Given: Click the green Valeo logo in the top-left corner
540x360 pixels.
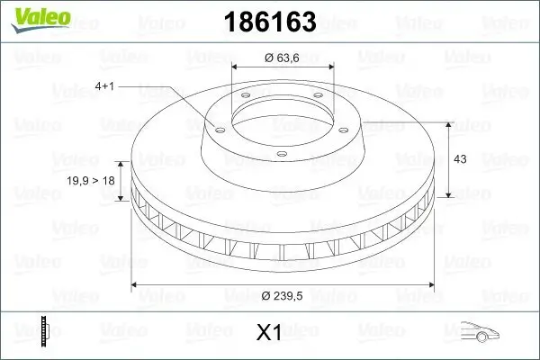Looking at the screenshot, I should (x=31, y=16).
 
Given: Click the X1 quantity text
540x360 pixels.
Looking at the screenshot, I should (x=269, y=333).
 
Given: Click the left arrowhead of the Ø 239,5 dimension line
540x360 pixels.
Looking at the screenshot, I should (x=135, y=285).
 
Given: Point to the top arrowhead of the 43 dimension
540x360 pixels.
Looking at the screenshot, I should (x=450, y=121).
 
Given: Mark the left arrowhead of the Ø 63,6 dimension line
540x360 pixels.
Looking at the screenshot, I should (x=235, y=67).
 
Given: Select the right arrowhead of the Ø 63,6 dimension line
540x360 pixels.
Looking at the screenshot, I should (x=330, y=67).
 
